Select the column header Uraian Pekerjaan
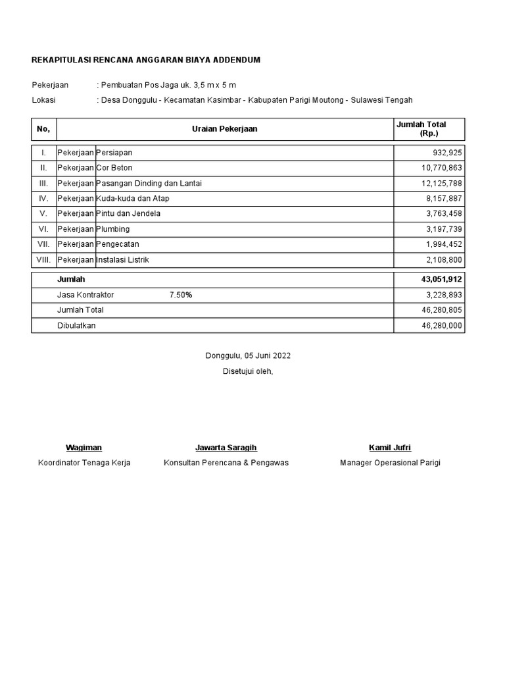click(x=224, y=129)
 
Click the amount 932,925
click(x=446, y=153)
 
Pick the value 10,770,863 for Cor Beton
click(x=442, y=168)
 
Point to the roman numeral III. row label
click(x=43, y=183)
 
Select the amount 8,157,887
click(x=444, y=198)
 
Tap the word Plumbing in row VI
click(x=113, y=229)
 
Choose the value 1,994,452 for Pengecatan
click(x=444, y=244)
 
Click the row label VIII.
click(x=43, y=259)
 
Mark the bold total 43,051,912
click(x=441, y=280)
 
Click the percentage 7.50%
click(x=181, y=295)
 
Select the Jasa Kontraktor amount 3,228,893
click(x=444, y=295)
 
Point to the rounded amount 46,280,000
click(x=442, y=326)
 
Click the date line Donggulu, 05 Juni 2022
click(x=248, y=356)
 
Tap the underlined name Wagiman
click(x=84, y=448)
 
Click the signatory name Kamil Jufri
click(x=390, y=448)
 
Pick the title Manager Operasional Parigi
click(x=390, y=463)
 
